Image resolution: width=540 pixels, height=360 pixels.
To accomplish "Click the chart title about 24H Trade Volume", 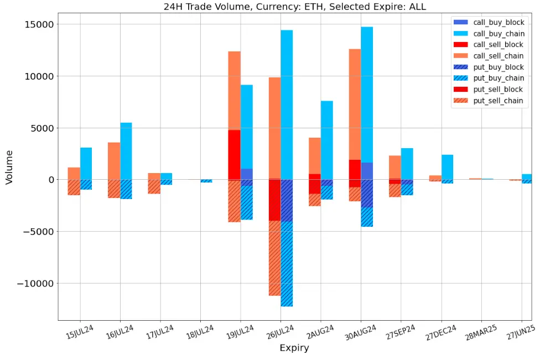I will [295, 7].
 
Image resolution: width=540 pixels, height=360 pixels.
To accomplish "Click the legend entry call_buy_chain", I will [497, 33].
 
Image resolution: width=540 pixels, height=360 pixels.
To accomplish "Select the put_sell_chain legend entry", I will [497, 101].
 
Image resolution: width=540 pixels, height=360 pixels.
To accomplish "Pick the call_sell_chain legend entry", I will [497, 56].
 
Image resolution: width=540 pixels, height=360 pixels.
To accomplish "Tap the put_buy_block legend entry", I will [497, 67].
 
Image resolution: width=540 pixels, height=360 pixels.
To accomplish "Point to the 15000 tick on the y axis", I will [38, 24].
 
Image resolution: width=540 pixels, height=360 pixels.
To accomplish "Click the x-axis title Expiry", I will [294, 348].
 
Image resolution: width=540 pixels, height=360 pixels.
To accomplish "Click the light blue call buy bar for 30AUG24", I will [367, 94].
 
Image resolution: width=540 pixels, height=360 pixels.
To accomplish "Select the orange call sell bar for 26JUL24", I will [274, 127].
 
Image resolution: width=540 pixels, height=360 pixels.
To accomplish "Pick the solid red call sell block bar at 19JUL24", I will [234, 155].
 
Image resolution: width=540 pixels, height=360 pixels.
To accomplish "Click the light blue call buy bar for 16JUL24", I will [126, 151].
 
